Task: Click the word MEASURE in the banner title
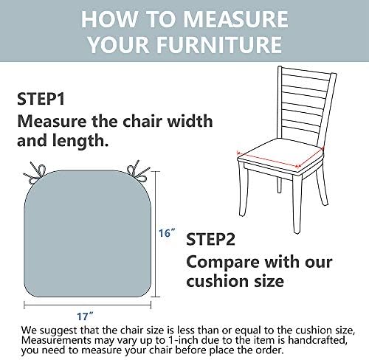pyautogui.click(x=235, y=19)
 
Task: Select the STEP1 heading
pyautogui.click(x=41, y=99)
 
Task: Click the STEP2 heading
pyautogui.click(x=210, y=239)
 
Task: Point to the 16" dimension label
pyautogui.click(x=167, y=232)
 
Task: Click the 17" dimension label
pyautogui.click(x=85, y=316)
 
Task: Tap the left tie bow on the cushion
pyautogui.click(x=36, y=173)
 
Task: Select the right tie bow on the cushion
pyautogui.click(x=138, y=171)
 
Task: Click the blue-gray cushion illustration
pyautogui.click(x=88, y=233)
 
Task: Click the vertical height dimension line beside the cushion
pyautogui.click(x=156, y=234)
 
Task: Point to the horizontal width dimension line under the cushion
pyautogui.click(x=87, y=305)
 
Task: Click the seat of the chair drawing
pyautogui.click(x=280, y=153)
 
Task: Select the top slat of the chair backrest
pyautogui.click(x=307, y=72)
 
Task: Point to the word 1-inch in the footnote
pyautogui.click(x=183, y=340)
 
